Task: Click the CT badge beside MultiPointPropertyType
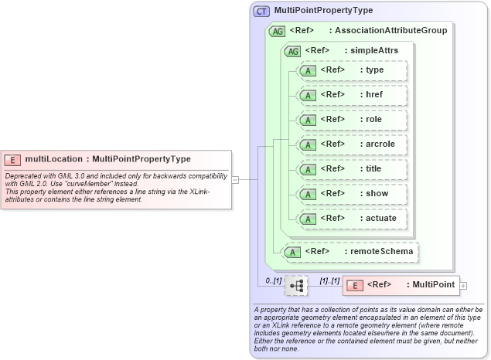[262, 11]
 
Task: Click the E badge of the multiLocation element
[12, 159]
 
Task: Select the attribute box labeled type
[351, 70]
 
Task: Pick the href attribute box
[351, 95]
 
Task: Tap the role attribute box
[351, 120]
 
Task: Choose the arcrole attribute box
[351, 144]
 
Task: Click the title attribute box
[351, 169]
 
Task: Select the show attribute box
[351, 194]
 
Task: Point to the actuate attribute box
[351, 219]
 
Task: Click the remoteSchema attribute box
[351, 251]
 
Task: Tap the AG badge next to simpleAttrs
[293, 51]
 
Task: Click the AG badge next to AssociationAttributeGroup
[276, 31]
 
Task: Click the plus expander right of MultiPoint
[464, 286]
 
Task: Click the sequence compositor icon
[296, 286]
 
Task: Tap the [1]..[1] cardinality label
[329, 280]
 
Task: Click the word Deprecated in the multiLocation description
[22, 176]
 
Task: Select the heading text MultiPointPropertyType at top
[323, 11]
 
